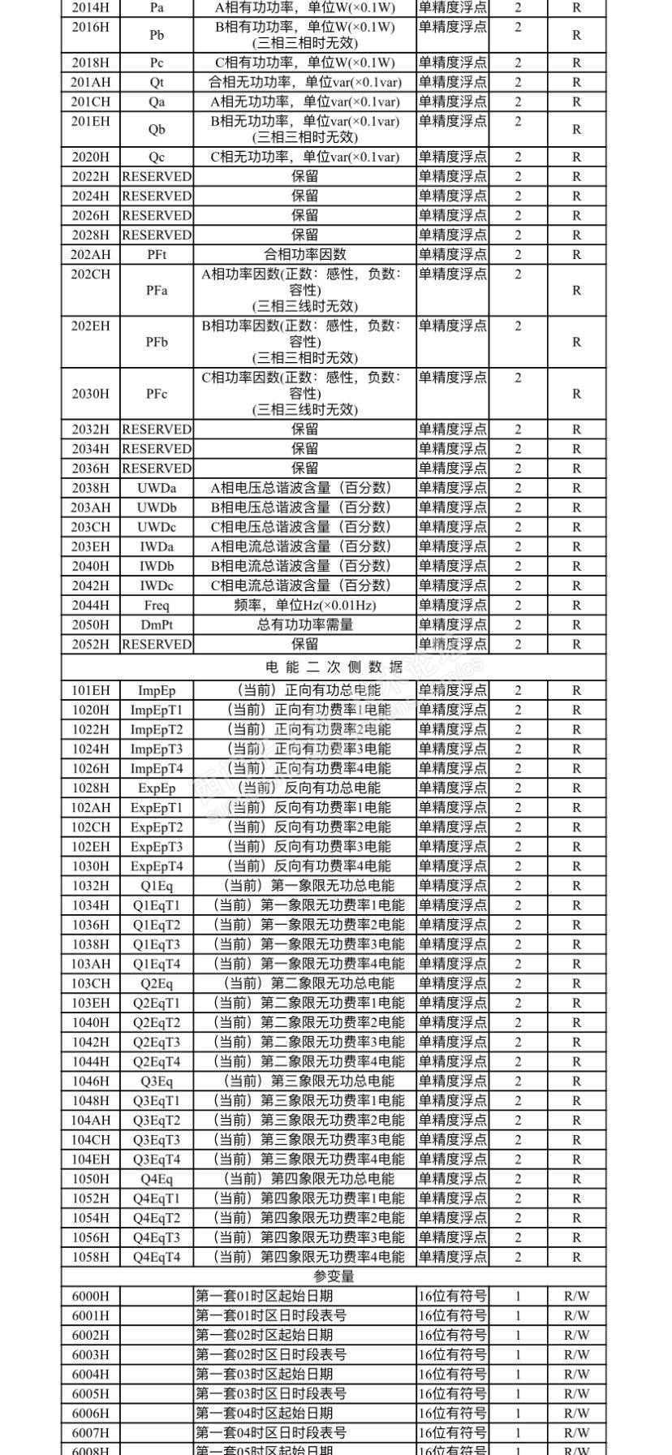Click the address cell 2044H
click(90, 605)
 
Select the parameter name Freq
click(157, 605)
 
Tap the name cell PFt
click(157, 254)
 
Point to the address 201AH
click(90, 82)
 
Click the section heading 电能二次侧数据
click(334, 667)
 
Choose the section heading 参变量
click(334, 1276)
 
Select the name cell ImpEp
click(157, 690)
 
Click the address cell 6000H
click(90, 1296)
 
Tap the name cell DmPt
click(157, 624)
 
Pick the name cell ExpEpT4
click(157, 866)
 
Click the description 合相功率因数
click(305, 254)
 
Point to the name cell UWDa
click(157, 488)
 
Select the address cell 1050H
click(90, 1179)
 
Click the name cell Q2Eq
click(157, 983)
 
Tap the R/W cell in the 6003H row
click(576, 1354)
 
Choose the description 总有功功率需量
click(305, 624)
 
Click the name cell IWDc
click(157, 585)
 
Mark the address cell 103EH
click(90, 1003)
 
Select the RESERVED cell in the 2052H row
click(157, 644)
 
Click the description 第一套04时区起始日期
click(265, 1413)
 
